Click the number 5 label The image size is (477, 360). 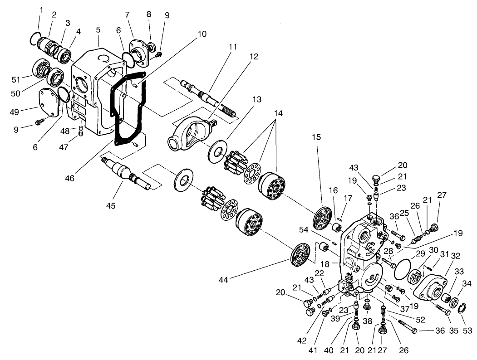(x=98, y=29)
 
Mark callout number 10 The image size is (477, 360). (x=202, y=34)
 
